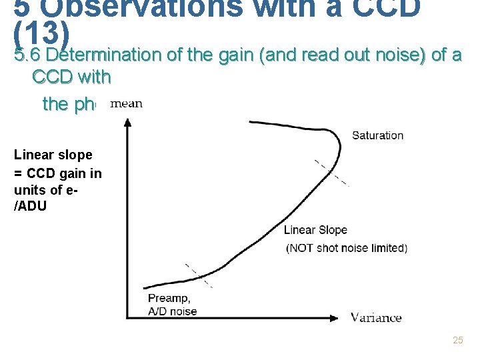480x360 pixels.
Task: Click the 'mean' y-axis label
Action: point(126,103)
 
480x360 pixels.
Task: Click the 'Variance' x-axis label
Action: point(376,317)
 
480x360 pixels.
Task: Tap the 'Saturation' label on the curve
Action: point(377,135)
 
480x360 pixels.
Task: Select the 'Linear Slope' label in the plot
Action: point(315,230)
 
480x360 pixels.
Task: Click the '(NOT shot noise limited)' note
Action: point(347,248)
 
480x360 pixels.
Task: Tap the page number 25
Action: point(457,341)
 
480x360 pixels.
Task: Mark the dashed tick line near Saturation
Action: point(331,173)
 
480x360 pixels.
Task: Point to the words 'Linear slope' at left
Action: point(53,155)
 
